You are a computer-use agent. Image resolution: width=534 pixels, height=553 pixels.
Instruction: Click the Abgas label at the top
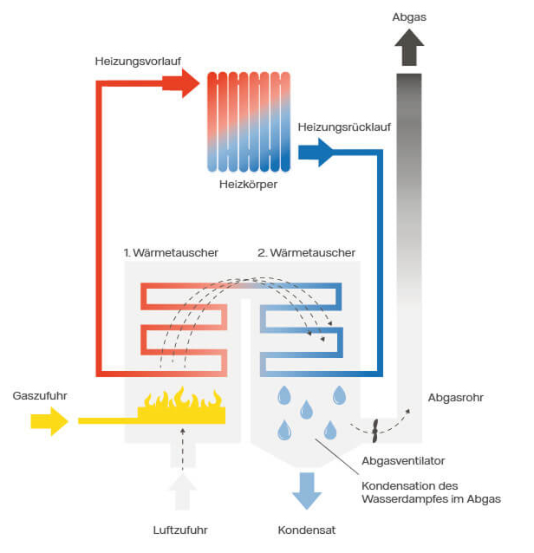point(409,16)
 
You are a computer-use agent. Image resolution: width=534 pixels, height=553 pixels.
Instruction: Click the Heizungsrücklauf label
point(344,127)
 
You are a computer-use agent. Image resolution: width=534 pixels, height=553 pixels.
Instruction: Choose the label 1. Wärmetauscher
point(170,253)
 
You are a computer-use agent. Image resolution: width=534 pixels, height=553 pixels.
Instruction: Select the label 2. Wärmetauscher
point(306,253)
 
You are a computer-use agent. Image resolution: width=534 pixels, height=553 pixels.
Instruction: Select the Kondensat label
point(306,530)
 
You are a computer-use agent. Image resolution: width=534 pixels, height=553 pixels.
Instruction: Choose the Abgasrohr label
point(456,398)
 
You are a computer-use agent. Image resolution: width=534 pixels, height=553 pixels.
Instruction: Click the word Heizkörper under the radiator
point(249,184)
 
